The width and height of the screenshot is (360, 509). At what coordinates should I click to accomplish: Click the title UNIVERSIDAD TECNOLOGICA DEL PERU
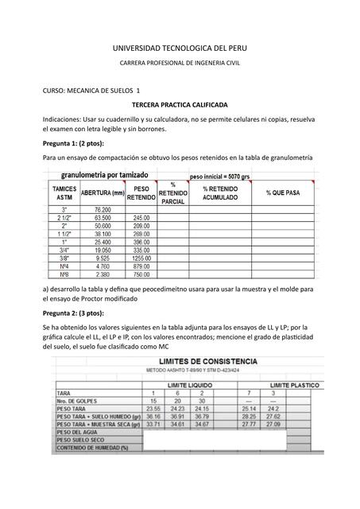(180, 48)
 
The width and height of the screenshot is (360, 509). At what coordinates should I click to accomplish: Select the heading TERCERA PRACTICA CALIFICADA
(180, 105)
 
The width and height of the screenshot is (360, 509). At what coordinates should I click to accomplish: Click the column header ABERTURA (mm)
(103, 193)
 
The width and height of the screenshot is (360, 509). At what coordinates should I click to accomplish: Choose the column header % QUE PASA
(283, 193)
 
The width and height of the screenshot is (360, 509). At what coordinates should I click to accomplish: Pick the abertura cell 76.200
(103, 209)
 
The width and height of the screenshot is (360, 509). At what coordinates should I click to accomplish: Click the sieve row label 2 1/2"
(64, 217)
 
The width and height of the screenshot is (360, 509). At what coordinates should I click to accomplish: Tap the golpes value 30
(202, 401)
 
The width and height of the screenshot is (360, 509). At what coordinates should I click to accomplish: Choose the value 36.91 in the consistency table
(178, 417)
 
